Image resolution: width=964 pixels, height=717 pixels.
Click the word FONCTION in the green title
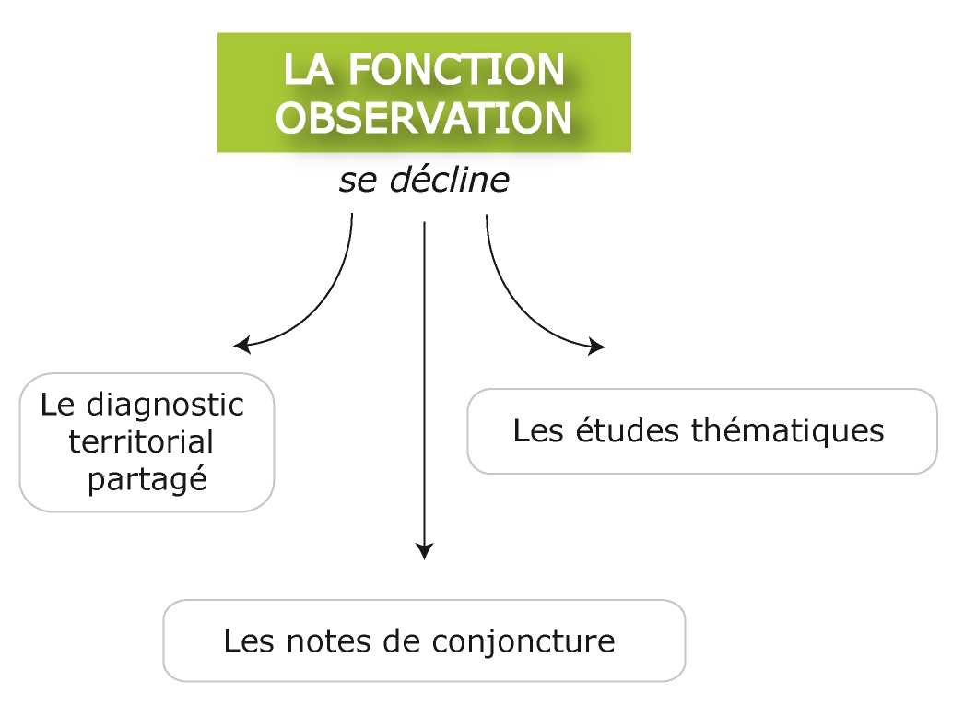point(456,69)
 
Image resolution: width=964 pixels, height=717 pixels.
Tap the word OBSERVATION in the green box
point(424,118)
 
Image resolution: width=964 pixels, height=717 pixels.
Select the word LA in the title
point(309,69)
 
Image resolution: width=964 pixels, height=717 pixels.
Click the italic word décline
point(450,180)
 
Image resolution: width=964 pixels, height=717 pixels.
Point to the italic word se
point(358,182)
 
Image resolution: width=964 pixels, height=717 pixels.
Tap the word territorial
point(141,441)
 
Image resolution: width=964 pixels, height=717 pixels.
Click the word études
point(629,429)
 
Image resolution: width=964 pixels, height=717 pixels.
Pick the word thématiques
point(788,431)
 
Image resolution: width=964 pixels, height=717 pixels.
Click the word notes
point(329,641)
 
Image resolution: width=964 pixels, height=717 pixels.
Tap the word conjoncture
point(523,642)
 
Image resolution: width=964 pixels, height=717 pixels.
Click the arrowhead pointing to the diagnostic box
point(241,345)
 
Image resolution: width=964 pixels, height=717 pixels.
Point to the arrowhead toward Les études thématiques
point(596,347)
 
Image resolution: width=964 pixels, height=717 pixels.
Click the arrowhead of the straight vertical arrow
point(424,551)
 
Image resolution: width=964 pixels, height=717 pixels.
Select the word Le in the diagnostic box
point(57,406)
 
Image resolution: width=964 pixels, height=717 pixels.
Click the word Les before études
point(538,430)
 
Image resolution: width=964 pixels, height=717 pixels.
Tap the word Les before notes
point(250,641)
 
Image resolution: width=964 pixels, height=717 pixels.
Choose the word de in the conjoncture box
point(402,641)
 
